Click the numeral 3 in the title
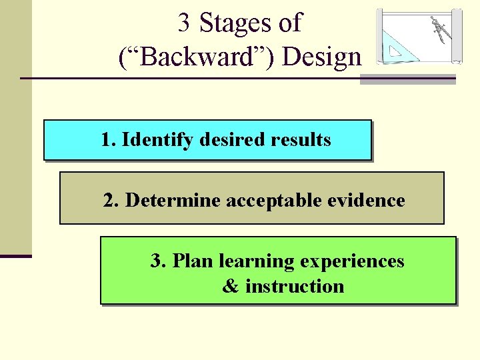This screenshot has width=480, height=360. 184,23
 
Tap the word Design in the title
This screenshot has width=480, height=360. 323,58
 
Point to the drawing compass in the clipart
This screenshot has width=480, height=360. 439,29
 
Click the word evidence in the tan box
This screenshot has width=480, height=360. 371,200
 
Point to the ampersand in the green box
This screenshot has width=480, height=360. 231,287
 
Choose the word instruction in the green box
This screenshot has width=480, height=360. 295,287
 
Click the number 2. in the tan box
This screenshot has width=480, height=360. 112,200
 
